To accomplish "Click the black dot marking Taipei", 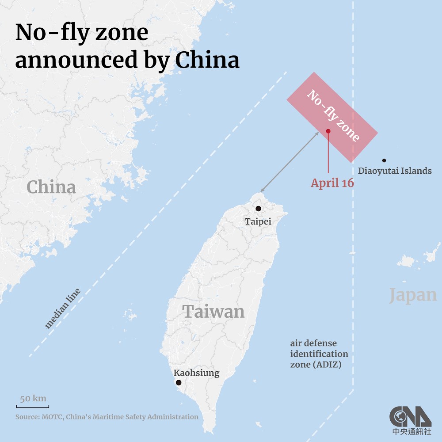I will [x=259, y=209].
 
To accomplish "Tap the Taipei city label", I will [x=258, y=221].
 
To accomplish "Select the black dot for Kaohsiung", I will [x=179, y=382].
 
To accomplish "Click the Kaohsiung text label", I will [x=196, y=373].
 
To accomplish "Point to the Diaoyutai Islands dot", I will [x=384, y=160].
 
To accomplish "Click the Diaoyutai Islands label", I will [x=395, y=171].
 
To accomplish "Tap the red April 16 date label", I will [x=332, y=183].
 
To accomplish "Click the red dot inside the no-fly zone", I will [x=328, y=131].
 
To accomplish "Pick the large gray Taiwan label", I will [x=213, y=312].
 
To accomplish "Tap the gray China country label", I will [x=51, y=187].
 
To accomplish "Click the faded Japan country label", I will [x=413, y=295].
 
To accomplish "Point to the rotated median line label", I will [x=63, y=309].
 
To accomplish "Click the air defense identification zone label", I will [x=319, y=354].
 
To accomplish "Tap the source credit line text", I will [x=107, y=417].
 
